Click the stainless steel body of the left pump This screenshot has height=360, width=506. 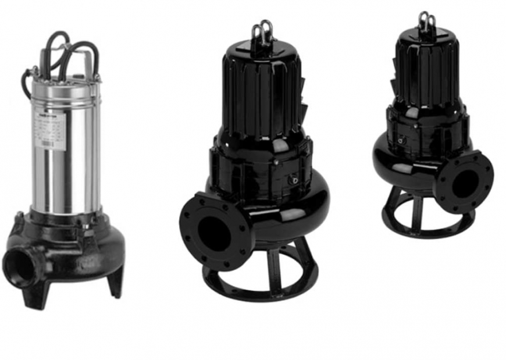point(65,151)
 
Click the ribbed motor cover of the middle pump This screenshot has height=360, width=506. point(262,93)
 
